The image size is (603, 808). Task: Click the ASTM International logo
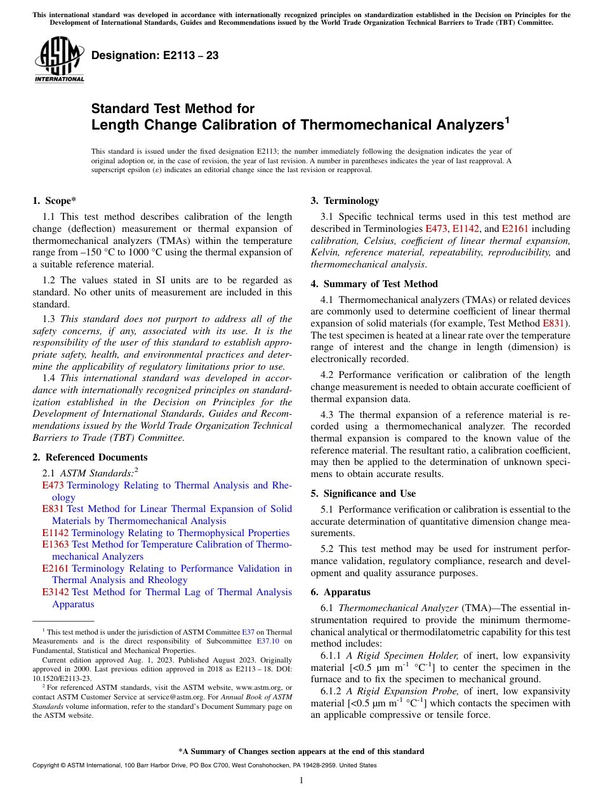[x=58, y=59]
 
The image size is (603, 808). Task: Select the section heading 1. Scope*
[x=54, y=201]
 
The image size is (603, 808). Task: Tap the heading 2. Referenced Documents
[x=89, y=457]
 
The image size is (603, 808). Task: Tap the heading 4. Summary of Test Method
[x=374, y=284]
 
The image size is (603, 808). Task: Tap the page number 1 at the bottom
[x=301, y=780]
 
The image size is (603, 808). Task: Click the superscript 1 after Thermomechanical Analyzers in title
[x=507, y=119]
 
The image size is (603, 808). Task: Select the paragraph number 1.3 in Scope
[x=51, y=319]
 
